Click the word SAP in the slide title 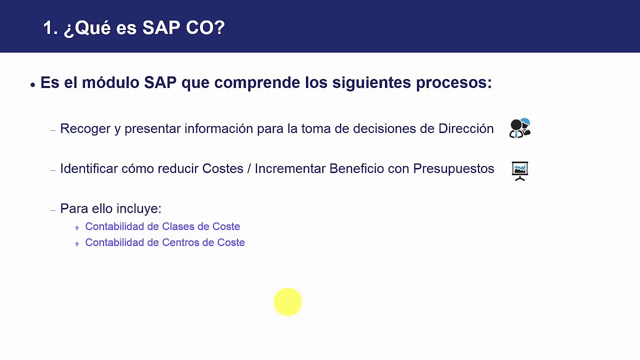click(161, 28)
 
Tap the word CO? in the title click(205, 28)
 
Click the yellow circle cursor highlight click(288, 302)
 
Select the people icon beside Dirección click(520, 128)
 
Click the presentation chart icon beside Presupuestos click(520, 171)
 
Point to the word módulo click(110, 82)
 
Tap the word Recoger click(85, 128)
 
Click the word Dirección click(465, 128)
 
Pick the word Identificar click(88, 168)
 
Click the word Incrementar click(290, 168)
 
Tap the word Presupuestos click(453, 168)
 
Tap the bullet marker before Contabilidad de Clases click(77, 227)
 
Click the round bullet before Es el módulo click(32, 84)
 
